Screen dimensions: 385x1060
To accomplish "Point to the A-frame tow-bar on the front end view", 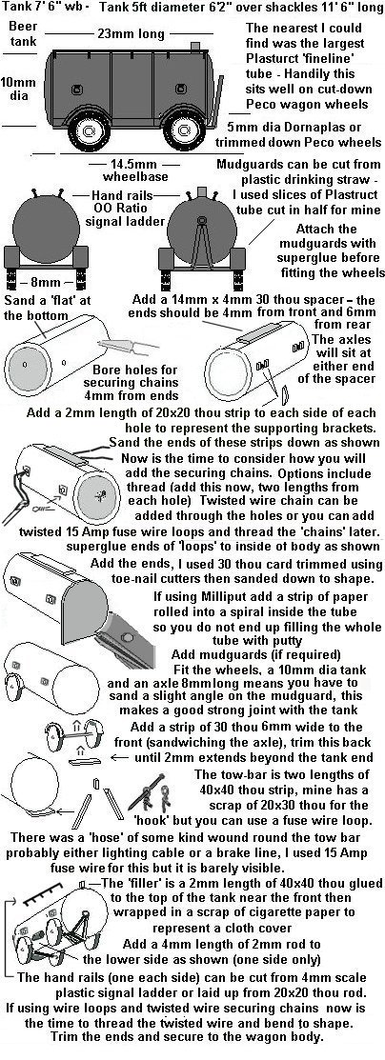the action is (x=201, y=240).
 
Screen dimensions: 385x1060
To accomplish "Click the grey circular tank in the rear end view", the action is (x=46, y=230).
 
